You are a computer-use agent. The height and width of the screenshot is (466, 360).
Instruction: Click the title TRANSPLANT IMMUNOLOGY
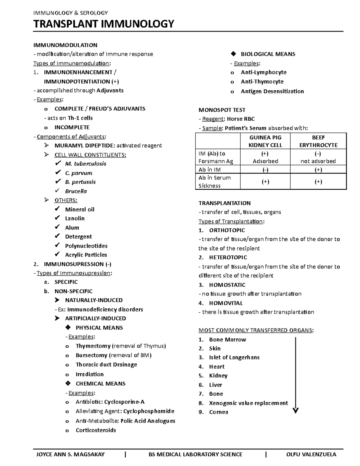pyautogui.click(x=103, y=24)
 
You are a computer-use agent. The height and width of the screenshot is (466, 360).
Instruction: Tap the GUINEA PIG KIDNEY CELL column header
pyautogui.click(x=265, y=141)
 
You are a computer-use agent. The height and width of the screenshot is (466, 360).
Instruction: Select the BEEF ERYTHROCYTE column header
pyautogui.click(x=318, y=141)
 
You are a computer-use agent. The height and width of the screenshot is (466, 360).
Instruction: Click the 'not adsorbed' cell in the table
pyautogui.click(x=318, y=161)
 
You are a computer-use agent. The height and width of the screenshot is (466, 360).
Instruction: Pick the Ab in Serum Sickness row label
pyautogui.click(x=214, y=182)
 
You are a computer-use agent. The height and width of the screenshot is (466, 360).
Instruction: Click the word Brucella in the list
pyautogui.click(x=76, y=191)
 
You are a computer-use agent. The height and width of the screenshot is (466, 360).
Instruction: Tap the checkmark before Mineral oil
pyautogui.click(x=58, y=209)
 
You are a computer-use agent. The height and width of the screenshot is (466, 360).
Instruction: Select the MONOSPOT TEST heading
pyautogui.click(x=222, y=110)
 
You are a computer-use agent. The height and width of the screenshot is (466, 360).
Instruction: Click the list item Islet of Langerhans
pyautogui.click(x=234, y=357)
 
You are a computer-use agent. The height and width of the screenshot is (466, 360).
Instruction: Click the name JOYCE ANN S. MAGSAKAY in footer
pyautogui.click(x=70, y=454)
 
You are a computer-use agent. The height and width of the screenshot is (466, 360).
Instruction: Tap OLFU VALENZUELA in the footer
pyautogui.click(x=311, y=454)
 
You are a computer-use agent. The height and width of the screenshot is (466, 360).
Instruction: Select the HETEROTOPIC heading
pyautogui.click(x=228, y=257)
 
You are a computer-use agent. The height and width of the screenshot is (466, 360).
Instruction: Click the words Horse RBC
pyautogui.click(x=241, y=119)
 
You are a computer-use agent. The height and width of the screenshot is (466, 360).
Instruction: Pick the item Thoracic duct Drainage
pyautogui.click(x=106, y=365)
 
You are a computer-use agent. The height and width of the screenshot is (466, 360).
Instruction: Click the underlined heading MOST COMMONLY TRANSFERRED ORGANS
pyautogui.click(x=256, y=330)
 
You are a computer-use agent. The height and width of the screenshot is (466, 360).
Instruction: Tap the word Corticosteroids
pyautogui.click(x=96, y=430)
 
